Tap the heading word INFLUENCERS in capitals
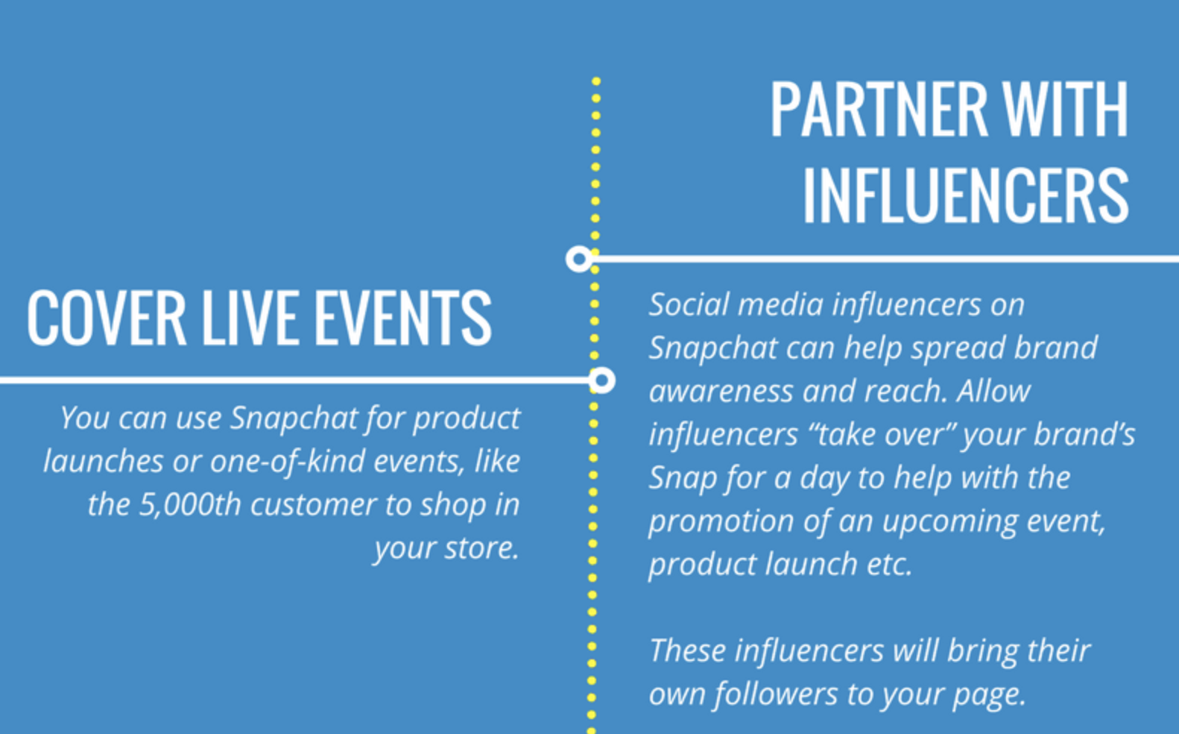pos(966,195)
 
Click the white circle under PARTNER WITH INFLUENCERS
pos(579,259)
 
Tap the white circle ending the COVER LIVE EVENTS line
pos(601,380)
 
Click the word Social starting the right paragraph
pos(690,304)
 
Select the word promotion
pos(721,521)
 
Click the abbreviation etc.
pos(890,565)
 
